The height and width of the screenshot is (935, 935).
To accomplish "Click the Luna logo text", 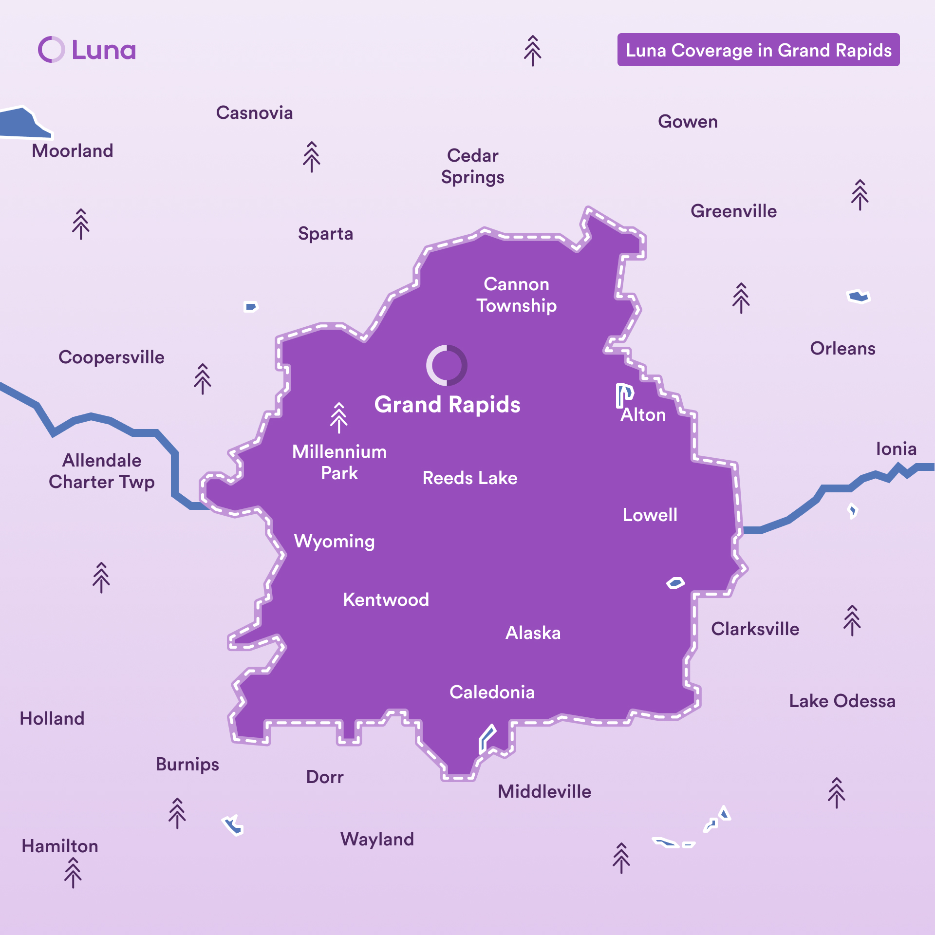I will (x=104, y=50).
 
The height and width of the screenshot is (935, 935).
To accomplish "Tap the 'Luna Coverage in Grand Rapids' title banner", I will (x=758, y=50).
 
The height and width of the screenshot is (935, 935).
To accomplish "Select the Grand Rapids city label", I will (x=447, y=405).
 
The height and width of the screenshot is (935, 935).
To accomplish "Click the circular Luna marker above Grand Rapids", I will (x=447, y=365).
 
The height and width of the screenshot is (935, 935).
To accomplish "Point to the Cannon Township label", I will (x=516, y=295).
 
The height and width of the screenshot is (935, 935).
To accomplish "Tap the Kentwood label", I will (x=386, y=599).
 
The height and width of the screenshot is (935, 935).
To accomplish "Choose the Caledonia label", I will (x=492, y=692).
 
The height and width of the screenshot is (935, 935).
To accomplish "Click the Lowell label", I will (x=650, y=515).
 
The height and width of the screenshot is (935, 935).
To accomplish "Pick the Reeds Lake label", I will (x=469, y=478).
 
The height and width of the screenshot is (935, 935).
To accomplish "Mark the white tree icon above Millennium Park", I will (x=339, y=417).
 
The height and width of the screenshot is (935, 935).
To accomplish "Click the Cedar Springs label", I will (x=472, y=166).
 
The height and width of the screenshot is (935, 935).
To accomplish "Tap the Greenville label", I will (x=733, y=211).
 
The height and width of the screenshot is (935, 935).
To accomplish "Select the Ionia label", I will (x=896, y=449).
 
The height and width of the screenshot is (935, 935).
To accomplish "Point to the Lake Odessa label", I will (x=842, y=701).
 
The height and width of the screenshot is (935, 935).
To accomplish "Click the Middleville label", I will (x=544, y=791).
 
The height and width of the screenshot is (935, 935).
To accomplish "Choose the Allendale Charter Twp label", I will (x=102, y=471).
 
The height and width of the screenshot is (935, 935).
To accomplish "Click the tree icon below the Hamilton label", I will (x=73, y=873).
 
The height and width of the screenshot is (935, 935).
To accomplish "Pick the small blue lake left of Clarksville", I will (x=675, y=582).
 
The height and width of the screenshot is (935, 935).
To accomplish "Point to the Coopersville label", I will (x=112, y=357).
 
